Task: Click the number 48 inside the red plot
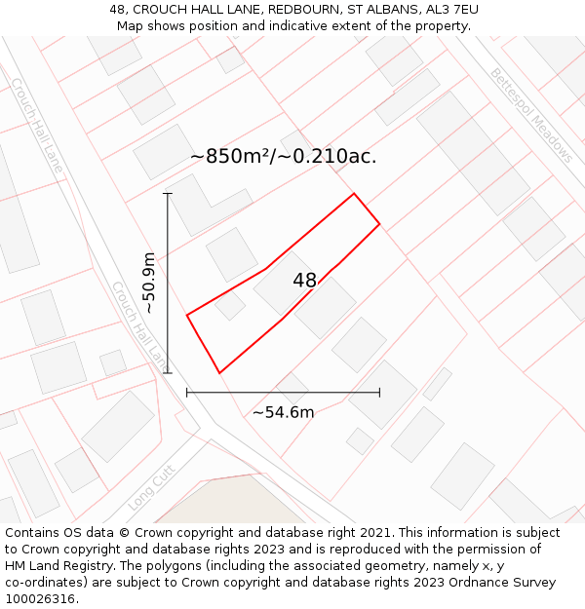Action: (304, 281)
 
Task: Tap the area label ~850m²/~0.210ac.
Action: (283, 156)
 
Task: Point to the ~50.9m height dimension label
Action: (148, 283)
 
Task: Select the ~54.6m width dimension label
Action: (283, 412)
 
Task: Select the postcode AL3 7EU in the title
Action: (451, 10)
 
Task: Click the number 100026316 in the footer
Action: (40, 599)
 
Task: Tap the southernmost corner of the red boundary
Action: (220, 372)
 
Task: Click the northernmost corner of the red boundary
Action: (354, 194)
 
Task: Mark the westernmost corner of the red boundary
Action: (187, 315)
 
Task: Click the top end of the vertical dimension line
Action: (168, 194)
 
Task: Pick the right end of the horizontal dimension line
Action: (379, 393)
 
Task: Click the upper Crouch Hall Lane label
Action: (37, 127)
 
